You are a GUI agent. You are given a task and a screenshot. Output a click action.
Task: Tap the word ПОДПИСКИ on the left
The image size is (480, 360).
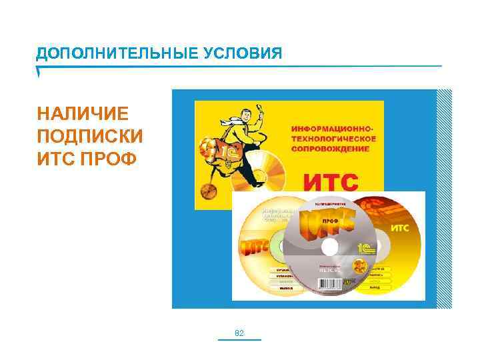pyautogui.click(x=90, y=136)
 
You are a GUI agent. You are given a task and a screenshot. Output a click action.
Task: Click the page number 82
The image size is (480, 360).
pyautogui.click(x=240, y=332)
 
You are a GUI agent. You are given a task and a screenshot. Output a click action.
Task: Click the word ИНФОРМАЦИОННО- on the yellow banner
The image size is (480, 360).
pyautogui.click(x=334, y=126)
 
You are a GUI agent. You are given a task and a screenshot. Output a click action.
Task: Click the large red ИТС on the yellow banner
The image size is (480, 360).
pyautogui.click(x=331, y=181)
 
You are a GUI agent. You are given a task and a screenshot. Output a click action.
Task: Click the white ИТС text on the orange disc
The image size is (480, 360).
pyautogui.click(x=398, y=228)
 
